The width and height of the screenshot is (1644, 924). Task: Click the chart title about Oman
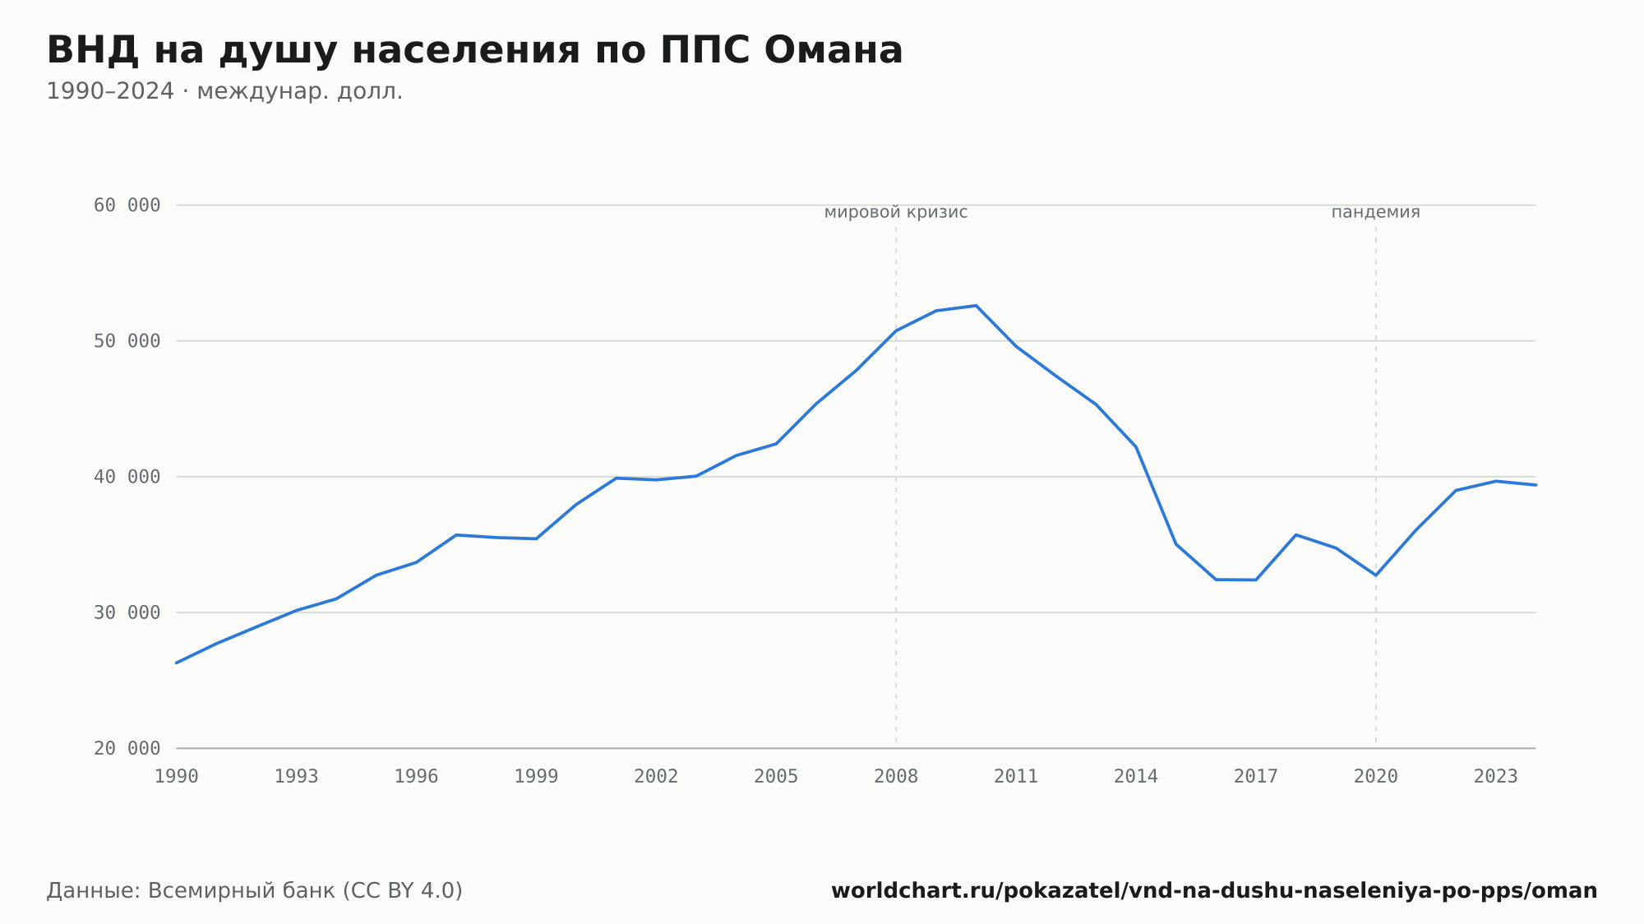click(474, 51)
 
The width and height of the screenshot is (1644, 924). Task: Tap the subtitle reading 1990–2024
click(224, 91)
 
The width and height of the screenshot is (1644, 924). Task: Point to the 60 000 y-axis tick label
click(127, 206)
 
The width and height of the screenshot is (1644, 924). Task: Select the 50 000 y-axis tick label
click(127, 341)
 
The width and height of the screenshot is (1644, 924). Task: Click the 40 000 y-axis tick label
click(127, 477)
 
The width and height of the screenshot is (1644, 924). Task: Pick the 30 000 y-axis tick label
click(127, 612)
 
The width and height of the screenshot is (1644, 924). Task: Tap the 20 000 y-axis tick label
click(127, 748)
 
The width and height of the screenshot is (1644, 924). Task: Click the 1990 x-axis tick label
click(177, 777)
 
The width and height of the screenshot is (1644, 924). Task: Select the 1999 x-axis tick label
click(536, 777)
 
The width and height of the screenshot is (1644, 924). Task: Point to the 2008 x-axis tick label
click(896, 777)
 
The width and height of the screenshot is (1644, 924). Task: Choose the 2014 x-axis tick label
click(1136, 777)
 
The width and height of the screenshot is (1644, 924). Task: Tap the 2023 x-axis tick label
click(1496, 777)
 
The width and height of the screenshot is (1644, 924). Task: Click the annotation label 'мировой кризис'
click(896, 212)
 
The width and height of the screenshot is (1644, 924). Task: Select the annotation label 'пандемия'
click(1376, 212)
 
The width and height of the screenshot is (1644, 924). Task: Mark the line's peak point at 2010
click(976, 306)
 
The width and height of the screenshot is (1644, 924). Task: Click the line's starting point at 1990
click(177, 663)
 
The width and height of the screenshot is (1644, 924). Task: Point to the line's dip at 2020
click(1376, 575)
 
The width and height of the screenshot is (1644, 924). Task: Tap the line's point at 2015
click(1176, 544)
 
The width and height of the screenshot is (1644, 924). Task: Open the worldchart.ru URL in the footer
click(1214, 891)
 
